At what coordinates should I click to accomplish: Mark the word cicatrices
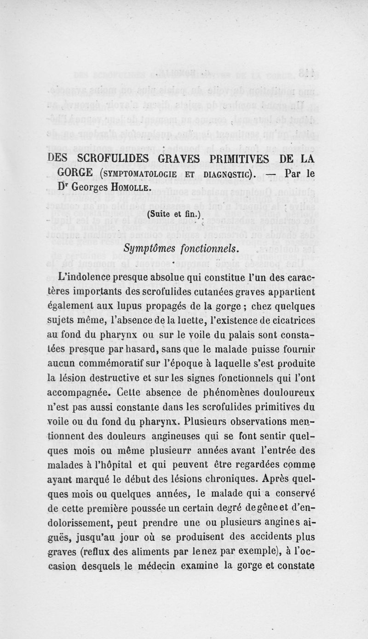[x=287, y=318]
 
